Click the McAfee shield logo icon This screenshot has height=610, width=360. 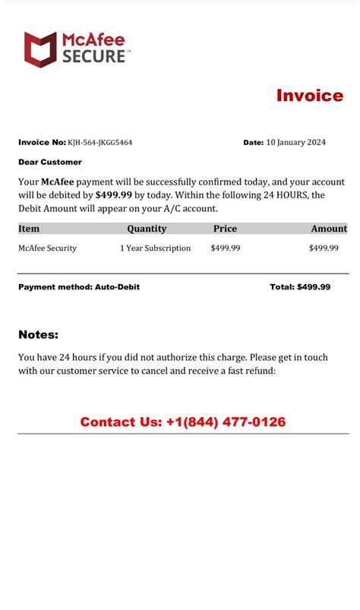coord(39,49)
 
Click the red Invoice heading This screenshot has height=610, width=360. coord(309,96)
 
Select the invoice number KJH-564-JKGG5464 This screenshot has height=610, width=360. coord(99,142)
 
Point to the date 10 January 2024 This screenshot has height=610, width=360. coord(295,142)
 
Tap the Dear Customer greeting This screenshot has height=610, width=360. coord(50,162)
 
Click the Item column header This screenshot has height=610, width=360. coord(29,229)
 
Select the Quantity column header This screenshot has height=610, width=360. coord(147,229)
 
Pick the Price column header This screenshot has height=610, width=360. coord(225,229)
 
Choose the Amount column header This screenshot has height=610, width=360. coord(329,229)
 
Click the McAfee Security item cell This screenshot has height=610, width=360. coord(48,248)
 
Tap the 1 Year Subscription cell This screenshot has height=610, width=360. coord(155,248)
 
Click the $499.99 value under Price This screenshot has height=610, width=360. coord(226,248)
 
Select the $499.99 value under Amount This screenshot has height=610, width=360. coord(324,248)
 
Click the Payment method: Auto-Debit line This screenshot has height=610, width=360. coord(79,287)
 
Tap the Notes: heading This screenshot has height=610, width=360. coord(38,335)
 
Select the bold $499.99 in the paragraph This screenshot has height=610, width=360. coord(114,195)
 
